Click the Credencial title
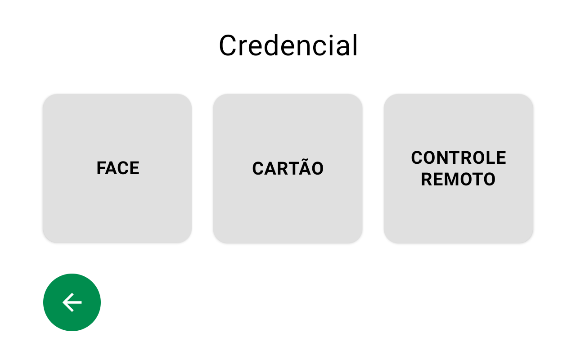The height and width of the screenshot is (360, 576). click(x=288, y=45)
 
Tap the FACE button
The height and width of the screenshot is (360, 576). click(x=117, y=168)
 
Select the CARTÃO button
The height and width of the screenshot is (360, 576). click(x=288, y=168)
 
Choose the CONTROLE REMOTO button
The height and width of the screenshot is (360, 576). click(x=458, y=168)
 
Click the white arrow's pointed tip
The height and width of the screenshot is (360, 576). click(x=63, y=302)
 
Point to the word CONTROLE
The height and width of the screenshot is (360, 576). click(x=459, y=157)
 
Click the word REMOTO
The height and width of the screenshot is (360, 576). click(x=458, y=179)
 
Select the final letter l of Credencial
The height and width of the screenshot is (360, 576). click(x=355, y=45)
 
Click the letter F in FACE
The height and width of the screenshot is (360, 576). click(x=102, y=168)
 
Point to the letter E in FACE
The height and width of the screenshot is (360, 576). click(x=134, y=168)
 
